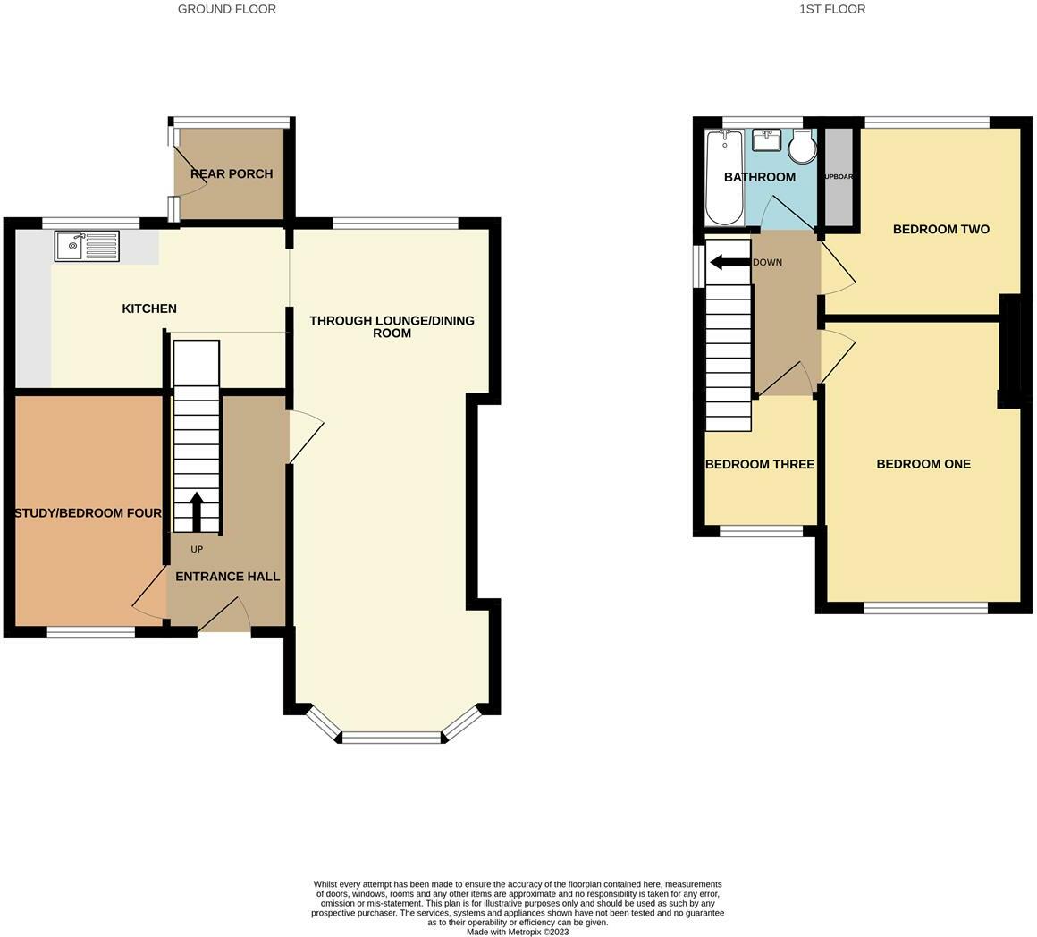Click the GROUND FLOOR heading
pos(226,9)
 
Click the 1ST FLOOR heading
pos(831,9)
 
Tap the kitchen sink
pos(87,246)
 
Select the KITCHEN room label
pos(149,308)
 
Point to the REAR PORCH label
pos(232,173)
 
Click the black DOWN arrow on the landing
pos(729,262)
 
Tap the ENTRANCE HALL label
pos(227,577)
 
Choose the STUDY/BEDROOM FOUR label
pos(88,513)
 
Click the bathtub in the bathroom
pos(723,177)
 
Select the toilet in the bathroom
pos(802,147)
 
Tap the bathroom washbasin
pos(766,140)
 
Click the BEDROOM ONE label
pos(923,464)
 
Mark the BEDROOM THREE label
pos(759,464)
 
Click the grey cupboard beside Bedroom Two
pos(838,177)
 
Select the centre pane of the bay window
pos(392,738)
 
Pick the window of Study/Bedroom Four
pos(91,632)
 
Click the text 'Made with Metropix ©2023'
pos(518,932)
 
